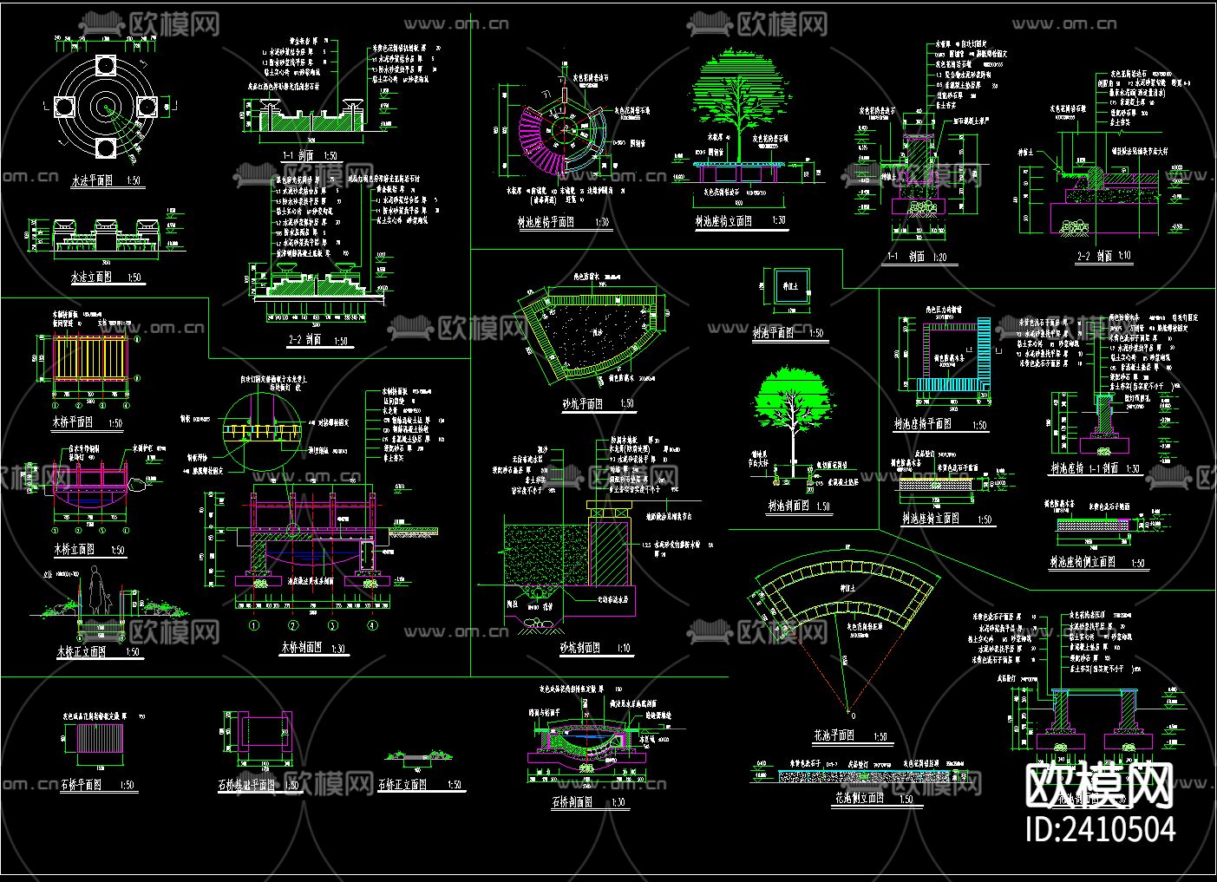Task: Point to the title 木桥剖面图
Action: coord(301,647)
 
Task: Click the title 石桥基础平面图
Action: coord(246,785)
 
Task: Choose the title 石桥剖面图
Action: coord(572,802)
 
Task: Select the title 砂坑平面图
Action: coord(582,404)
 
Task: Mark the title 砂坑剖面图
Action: coord(582,647)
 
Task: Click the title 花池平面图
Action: coord(834,735)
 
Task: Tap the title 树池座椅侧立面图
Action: coord(1082,562)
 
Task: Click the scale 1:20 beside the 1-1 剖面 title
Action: coord(939,258)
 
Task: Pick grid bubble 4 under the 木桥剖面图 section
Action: coord(372,624)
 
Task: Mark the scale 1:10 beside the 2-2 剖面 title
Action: coord(1124,257)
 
